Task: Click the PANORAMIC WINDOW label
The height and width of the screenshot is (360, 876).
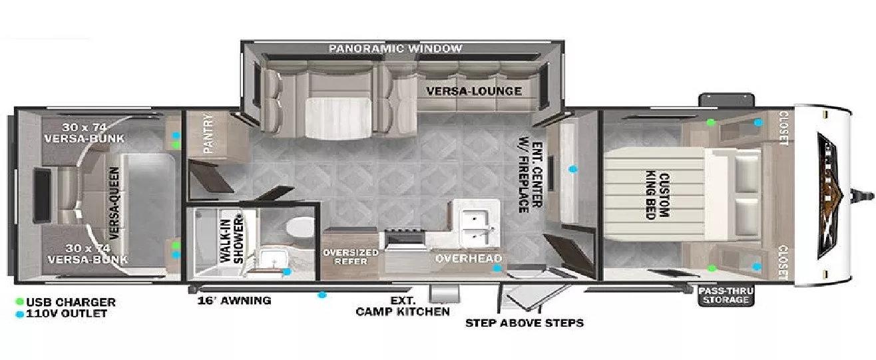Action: pyautogui.click(x=395, y=49)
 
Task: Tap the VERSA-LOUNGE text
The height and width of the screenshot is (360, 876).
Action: pyautogui.click(x=474, y=91)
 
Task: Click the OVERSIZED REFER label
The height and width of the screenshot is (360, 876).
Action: pyautogui.click(x=350, y=257)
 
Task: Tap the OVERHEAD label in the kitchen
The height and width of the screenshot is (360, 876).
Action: pyautogui.click(x=469, y=258)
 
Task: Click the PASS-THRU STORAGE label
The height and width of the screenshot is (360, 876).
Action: pyautogui.click(x=724, y=295)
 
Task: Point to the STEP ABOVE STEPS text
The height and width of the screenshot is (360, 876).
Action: pyautogui.click(x=524, y=323)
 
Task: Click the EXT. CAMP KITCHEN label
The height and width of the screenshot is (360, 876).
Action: pyautogui.click(x=403, y=306)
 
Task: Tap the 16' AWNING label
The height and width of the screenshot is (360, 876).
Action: pyautogui.click(x=234, y=300)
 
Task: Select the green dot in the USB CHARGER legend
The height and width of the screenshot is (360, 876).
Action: pyautogui.click(x=20, y=302)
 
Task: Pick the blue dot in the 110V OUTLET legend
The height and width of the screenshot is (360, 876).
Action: pyautogui.click(x=20, y=313)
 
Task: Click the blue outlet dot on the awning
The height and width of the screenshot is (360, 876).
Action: pyautogui.click(x=322, y=295)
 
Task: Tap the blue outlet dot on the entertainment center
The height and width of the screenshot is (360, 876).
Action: pyautogui.click(x=572, y=169)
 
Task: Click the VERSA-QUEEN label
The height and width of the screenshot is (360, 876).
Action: pyautogui.click(x=114, y=203)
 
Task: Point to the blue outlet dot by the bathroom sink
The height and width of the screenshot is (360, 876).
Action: pyautogui.click(x=287, y=271)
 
